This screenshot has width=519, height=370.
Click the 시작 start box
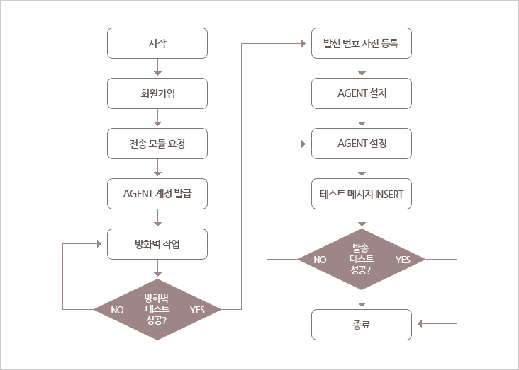157,43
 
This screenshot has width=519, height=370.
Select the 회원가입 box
157,93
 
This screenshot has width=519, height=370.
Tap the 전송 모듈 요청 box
157,144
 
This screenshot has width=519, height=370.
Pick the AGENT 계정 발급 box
157,194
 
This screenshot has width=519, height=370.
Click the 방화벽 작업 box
157,244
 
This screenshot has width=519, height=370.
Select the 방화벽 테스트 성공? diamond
157,310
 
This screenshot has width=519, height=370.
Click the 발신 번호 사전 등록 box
362,43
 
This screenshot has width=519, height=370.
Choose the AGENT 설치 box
362,93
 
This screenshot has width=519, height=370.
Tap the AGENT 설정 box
362,144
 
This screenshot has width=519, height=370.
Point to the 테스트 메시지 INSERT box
362,194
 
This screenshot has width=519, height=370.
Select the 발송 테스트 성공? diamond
362,260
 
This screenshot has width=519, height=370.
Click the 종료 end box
362,325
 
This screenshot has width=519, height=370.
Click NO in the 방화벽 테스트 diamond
117,310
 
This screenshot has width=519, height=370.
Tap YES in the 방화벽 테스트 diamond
197,310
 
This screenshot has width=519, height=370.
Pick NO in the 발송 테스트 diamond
320,260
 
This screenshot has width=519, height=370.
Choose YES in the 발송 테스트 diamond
403,260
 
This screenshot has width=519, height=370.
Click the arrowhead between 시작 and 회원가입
157,73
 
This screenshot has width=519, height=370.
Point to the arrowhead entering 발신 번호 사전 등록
303,43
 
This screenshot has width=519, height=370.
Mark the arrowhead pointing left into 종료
420,324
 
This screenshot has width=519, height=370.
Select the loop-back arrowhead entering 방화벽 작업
99,244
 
